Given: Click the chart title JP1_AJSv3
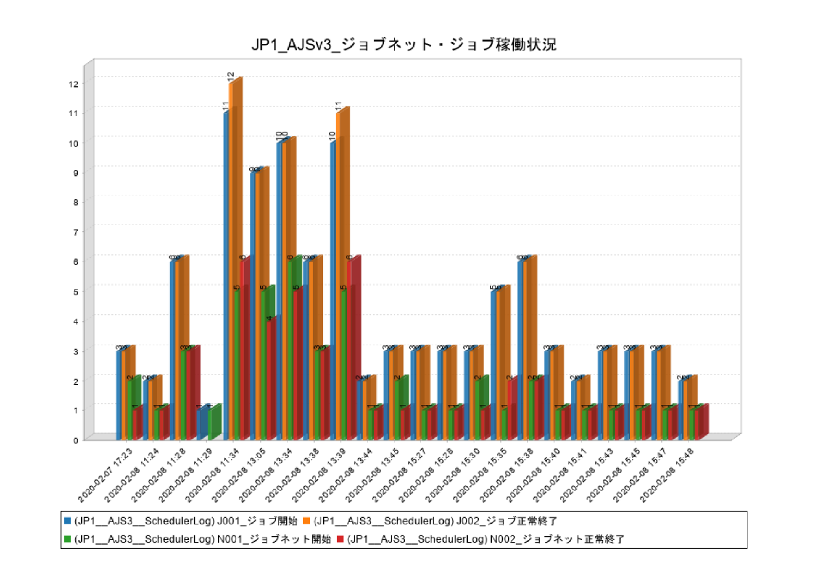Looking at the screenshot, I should coord(404,45).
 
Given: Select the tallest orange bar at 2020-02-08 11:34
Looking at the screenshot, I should coord(232,260).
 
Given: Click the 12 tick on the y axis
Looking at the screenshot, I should coord(75,84).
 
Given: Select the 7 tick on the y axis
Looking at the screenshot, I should coord(75,232).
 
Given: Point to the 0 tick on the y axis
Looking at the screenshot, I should coord(75,439).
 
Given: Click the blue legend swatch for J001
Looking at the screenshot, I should coord(67,521).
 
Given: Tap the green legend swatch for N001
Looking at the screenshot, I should coord(67,539).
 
